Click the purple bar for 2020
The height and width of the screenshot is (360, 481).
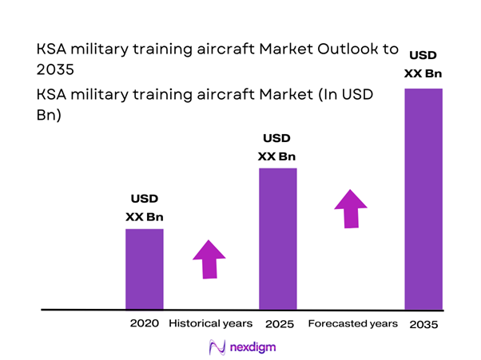tap(144, 268)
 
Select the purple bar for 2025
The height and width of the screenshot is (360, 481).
tap(277, 238)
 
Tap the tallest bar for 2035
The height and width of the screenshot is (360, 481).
tap(423, 198)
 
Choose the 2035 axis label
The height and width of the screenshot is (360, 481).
tap(423, 325)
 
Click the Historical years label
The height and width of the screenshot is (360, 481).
tap(210, 324)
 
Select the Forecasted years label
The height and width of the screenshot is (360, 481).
tap(352, 324)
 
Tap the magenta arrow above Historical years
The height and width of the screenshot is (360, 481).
tap(209, 259)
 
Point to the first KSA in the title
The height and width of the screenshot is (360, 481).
tap(52, 49)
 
